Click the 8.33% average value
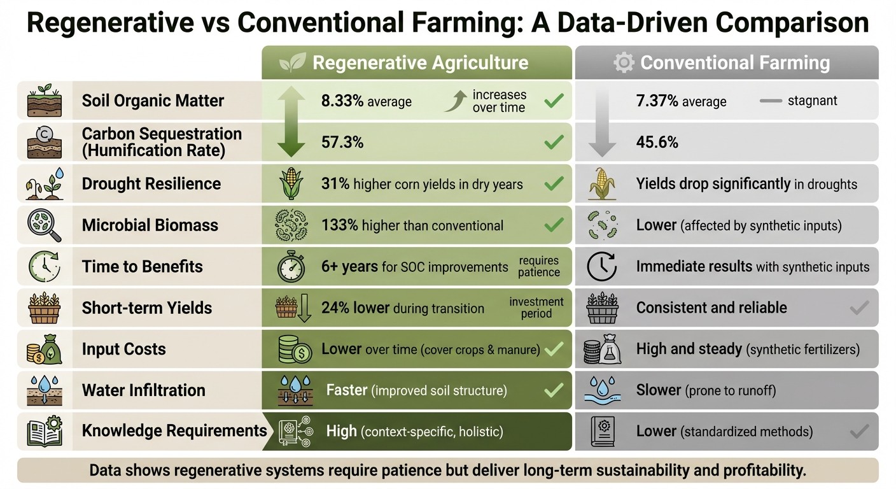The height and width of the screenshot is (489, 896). [x=366, y=101]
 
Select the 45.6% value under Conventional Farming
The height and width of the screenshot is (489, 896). [x=657, y=143]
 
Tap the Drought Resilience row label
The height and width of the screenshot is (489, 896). [x=151, y=184]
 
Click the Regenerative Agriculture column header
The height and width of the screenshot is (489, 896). [x=420, y=62]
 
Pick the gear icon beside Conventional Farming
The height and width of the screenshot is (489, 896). [x=623, y=62]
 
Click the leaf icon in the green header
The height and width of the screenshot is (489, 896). [x=293, y=62]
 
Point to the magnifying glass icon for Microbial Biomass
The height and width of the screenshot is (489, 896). [x=45, y=225]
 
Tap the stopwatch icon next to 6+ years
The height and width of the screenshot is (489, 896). [x=291, y=267]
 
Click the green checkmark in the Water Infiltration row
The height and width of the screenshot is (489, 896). [x=554, y=390]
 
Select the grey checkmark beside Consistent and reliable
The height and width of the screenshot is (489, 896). [x=859, y=309]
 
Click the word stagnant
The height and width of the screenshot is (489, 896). [x=812, y=101]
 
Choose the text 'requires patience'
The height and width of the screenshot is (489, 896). [x=538, y=267]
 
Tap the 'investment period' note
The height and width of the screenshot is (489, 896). [x=536, y=308]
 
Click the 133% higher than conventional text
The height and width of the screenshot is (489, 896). [x=412, y=225]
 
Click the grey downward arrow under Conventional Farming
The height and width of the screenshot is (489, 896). [x=601, y=122]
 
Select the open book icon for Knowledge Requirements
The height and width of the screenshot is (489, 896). [x=45, y=431]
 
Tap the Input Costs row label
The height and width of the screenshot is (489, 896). [x=123, y=349]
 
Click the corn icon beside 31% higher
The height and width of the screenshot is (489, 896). [x=291, y=184]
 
